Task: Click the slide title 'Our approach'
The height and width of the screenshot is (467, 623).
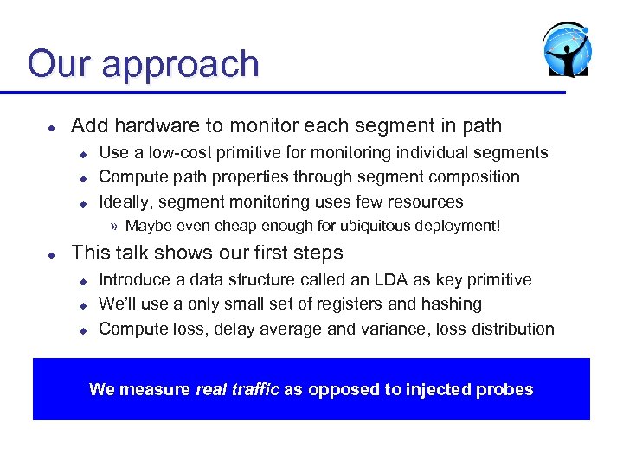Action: (143, 65)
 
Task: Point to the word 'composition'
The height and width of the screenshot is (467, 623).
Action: (473, 177)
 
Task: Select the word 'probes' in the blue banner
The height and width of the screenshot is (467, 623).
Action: (509, 390)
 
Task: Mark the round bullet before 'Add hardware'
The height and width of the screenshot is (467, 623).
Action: (52, 127)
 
